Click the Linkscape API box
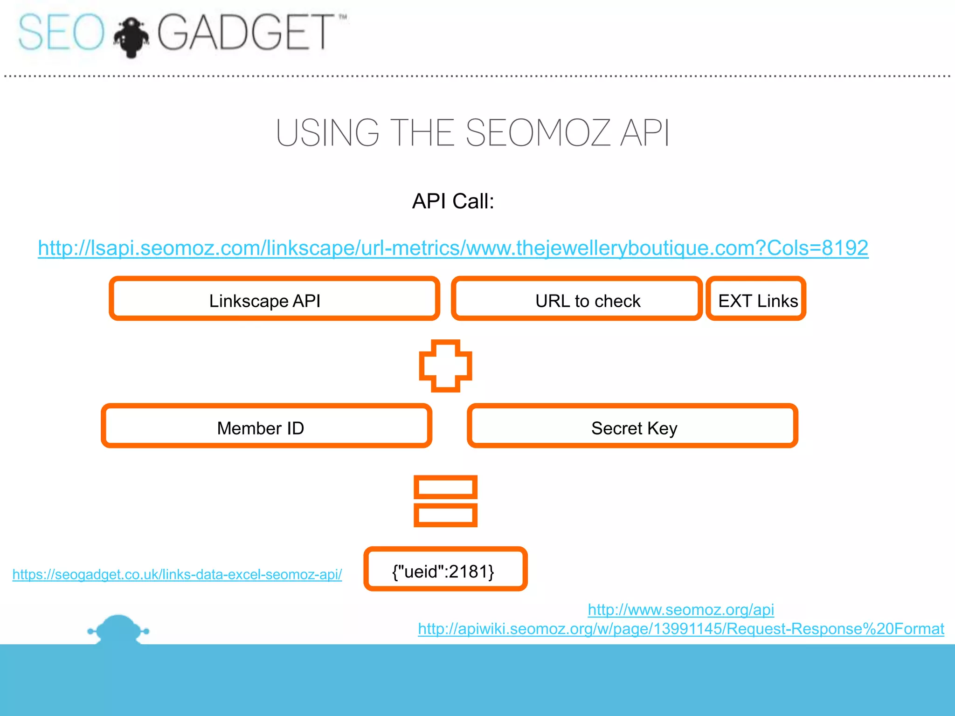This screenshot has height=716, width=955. point(274,299)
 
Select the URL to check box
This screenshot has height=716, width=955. point(576,299)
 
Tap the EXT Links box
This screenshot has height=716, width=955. point(756,299)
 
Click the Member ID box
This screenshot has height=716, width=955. point(266,426)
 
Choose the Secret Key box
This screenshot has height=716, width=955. point(632,426)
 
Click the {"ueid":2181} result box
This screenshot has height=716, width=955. point(445,569)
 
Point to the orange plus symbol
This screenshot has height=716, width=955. point(445,366)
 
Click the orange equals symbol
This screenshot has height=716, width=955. point(445,501)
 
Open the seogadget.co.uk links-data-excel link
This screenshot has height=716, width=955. point(177,574)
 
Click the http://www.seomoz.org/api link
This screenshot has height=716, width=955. point(680,610)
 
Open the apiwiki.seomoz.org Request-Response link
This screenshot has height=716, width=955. point(680,629)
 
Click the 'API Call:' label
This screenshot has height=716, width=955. point(453,201)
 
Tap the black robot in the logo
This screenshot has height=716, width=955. point(131,37)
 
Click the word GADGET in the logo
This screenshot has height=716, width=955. point(245,33)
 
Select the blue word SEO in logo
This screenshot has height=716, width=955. point(61,33)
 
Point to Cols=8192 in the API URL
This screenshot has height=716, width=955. point(817,248)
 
